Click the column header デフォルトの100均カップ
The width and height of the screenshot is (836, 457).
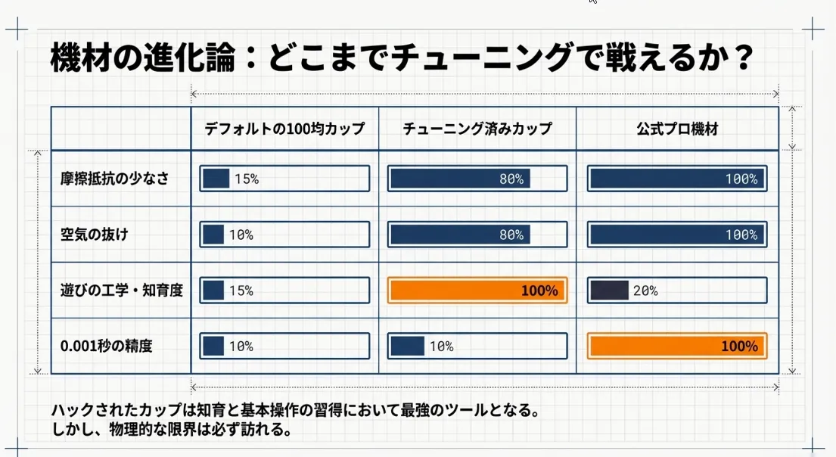pos(284,129)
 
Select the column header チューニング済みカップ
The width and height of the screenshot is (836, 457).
pos(477,129)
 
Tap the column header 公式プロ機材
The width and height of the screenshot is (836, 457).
pos(677,129)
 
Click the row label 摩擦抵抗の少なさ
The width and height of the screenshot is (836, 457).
pos(115,178)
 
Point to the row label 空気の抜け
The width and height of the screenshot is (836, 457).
pos(95,234)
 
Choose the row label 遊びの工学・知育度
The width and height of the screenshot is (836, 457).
pos(122,290)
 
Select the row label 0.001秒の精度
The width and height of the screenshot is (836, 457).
pos(106,346)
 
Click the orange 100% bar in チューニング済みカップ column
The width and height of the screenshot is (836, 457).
pos(477,290)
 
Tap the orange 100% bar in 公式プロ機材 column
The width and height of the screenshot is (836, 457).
pos(677,346)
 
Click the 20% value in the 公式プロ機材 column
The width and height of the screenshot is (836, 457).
pos(645,291)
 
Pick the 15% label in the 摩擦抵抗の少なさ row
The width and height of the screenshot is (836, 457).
pos(247,179)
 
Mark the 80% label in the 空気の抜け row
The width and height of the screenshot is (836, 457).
pos(511,235)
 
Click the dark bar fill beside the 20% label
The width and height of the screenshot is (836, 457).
pos(609,291)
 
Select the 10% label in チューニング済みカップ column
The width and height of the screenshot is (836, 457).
pos(442,347)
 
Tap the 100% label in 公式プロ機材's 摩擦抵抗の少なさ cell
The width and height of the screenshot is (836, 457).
pos(741,179)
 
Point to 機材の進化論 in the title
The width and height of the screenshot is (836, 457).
pos(142,58)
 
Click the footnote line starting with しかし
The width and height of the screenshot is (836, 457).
pos(172,429)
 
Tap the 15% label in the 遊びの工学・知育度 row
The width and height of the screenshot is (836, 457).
pos(241,291)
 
